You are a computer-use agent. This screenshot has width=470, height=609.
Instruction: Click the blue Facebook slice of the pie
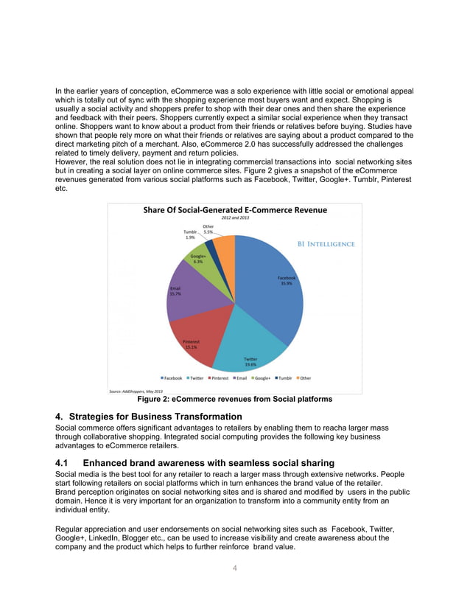[273, 295]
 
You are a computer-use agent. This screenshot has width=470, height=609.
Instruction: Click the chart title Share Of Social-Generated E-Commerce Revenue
[234, 210]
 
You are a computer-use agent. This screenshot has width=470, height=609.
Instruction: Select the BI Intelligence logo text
[326, 244]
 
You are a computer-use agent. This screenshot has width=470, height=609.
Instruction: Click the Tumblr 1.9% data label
[190, 234]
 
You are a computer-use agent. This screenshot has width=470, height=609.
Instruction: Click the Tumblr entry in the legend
[284, 378]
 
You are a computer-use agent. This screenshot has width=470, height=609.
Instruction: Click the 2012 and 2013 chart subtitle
[234, 219]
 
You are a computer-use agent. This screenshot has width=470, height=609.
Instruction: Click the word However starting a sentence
[72, 161]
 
